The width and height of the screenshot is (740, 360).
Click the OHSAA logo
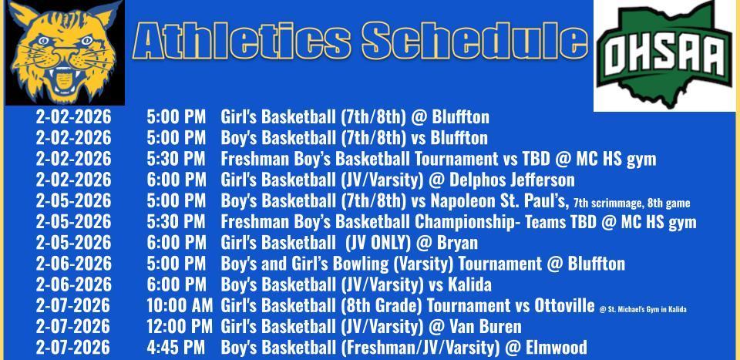(x=665, y=54)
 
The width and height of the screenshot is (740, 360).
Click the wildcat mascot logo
(x=66, y=52)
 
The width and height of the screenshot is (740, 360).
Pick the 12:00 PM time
(x=180, y=327)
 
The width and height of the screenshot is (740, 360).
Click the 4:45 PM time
(x=177, y=348)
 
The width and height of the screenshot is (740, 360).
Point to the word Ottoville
(x=557, y=306)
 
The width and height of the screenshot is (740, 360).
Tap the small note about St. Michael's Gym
(x=642, y=309)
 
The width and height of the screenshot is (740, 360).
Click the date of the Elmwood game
(x=73, y=348)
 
